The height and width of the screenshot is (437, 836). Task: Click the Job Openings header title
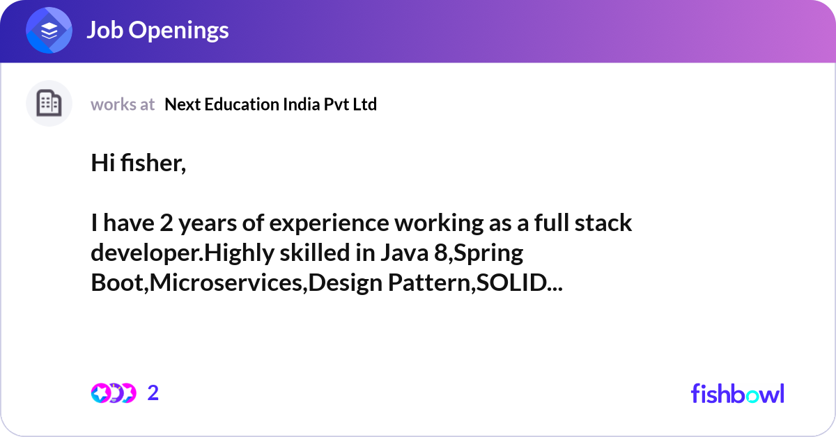point(157,30)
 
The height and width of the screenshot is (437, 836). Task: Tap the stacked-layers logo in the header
point(49,31)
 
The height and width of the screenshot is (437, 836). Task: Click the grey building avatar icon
point(49,104)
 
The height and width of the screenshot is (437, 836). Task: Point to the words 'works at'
point(123,104)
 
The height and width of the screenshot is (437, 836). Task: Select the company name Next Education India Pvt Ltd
point(270,104)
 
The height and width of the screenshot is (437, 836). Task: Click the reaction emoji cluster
point(113,393)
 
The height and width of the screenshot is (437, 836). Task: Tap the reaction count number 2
point(153,393)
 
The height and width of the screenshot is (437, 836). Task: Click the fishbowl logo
point(737,393)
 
